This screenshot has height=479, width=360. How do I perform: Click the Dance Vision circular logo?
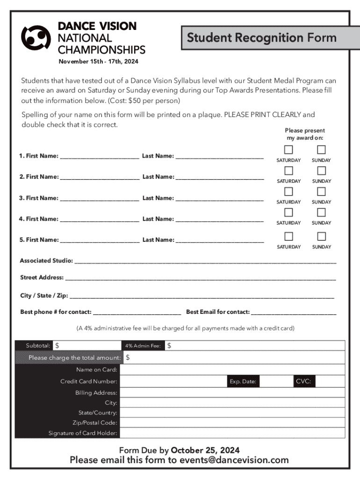tap(36, 37)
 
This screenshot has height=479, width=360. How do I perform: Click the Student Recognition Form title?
tap(261, 37)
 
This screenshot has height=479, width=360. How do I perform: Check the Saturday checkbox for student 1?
tap(288, 150)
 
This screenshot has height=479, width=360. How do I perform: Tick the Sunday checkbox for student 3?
tap(321, 191)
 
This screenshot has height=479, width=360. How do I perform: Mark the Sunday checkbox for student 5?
tap(321, 236)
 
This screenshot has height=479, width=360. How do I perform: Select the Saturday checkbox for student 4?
tap(288, 212)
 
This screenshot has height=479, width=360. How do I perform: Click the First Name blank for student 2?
tap(100, 177)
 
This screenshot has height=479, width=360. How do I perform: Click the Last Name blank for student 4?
tap(219, 219)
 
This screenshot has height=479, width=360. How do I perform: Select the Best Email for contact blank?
tap(294, 312)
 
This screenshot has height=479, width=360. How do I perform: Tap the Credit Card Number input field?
tap(173, 381)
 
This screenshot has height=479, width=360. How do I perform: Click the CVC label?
tap(303, 381)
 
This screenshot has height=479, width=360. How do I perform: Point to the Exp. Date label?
tap(243, 381)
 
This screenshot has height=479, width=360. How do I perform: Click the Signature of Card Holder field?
tap(232, 433)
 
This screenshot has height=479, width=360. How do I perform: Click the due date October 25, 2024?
tap(205, 450)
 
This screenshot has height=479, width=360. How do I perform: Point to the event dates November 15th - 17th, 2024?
tap(98, 62)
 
